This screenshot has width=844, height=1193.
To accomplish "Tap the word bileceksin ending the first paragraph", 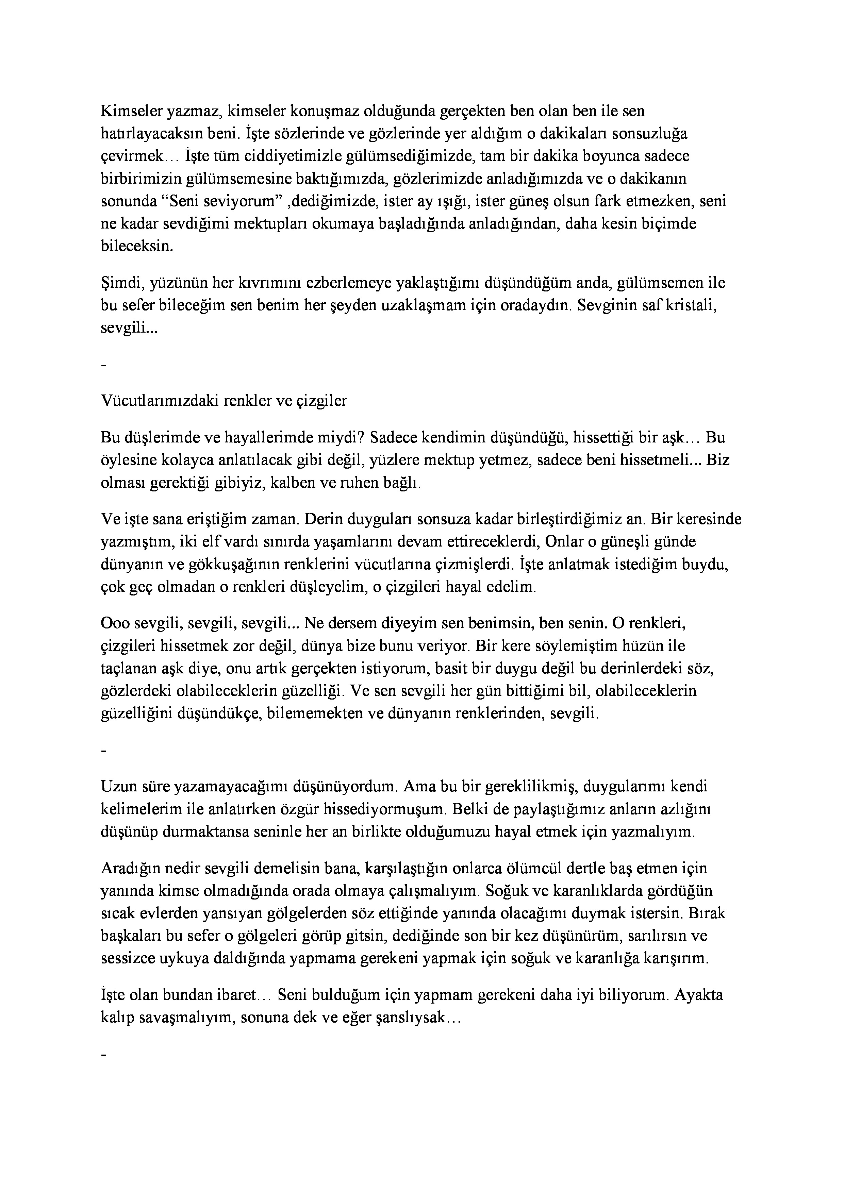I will (136, 246).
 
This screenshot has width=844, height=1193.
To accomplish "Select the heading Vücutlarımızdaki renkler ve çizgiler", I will (224, 401).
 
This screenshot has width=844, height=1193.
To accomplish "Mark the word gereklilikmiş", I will (529, 786).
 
